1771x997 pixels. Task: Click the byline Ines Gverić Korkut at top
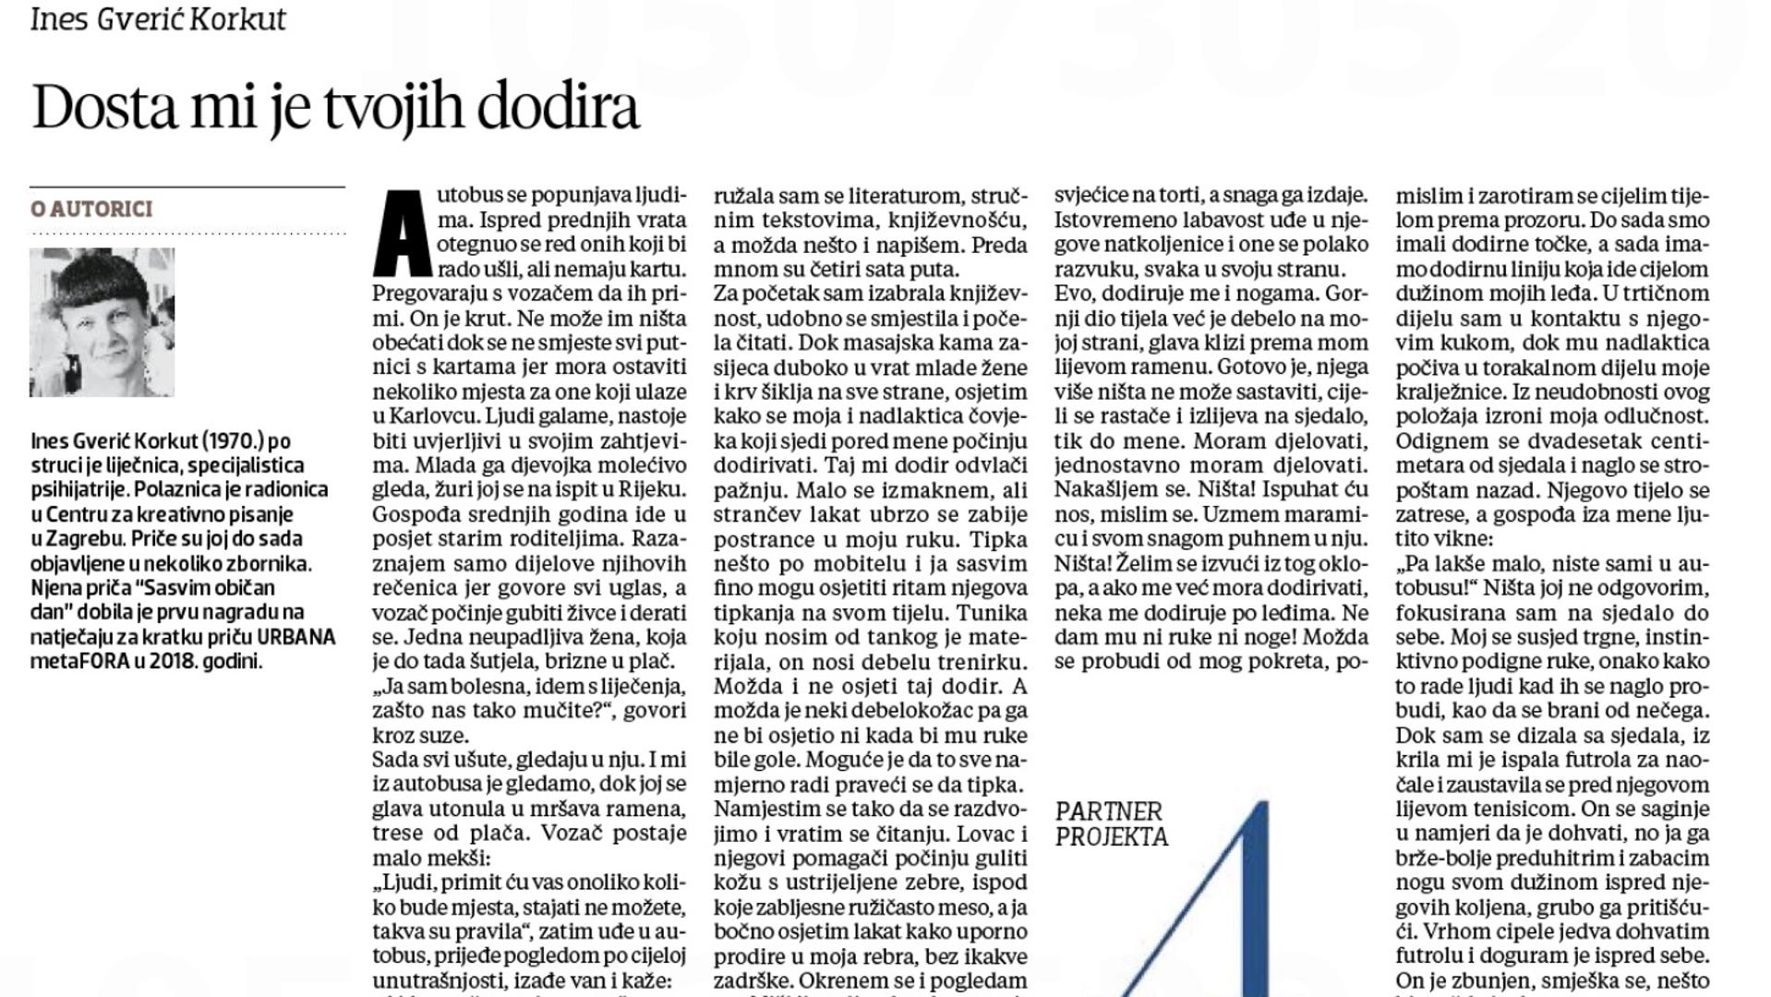tap(158, 18)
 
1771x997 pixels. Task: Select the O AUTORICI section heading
tap(91, 210)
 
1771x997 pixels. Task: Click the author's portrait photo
tap(102, 322)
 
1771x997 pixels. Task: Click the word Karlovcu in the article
tap(416, 416)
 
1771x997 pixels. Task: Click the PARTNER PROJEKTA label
tap(1111, 824)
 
